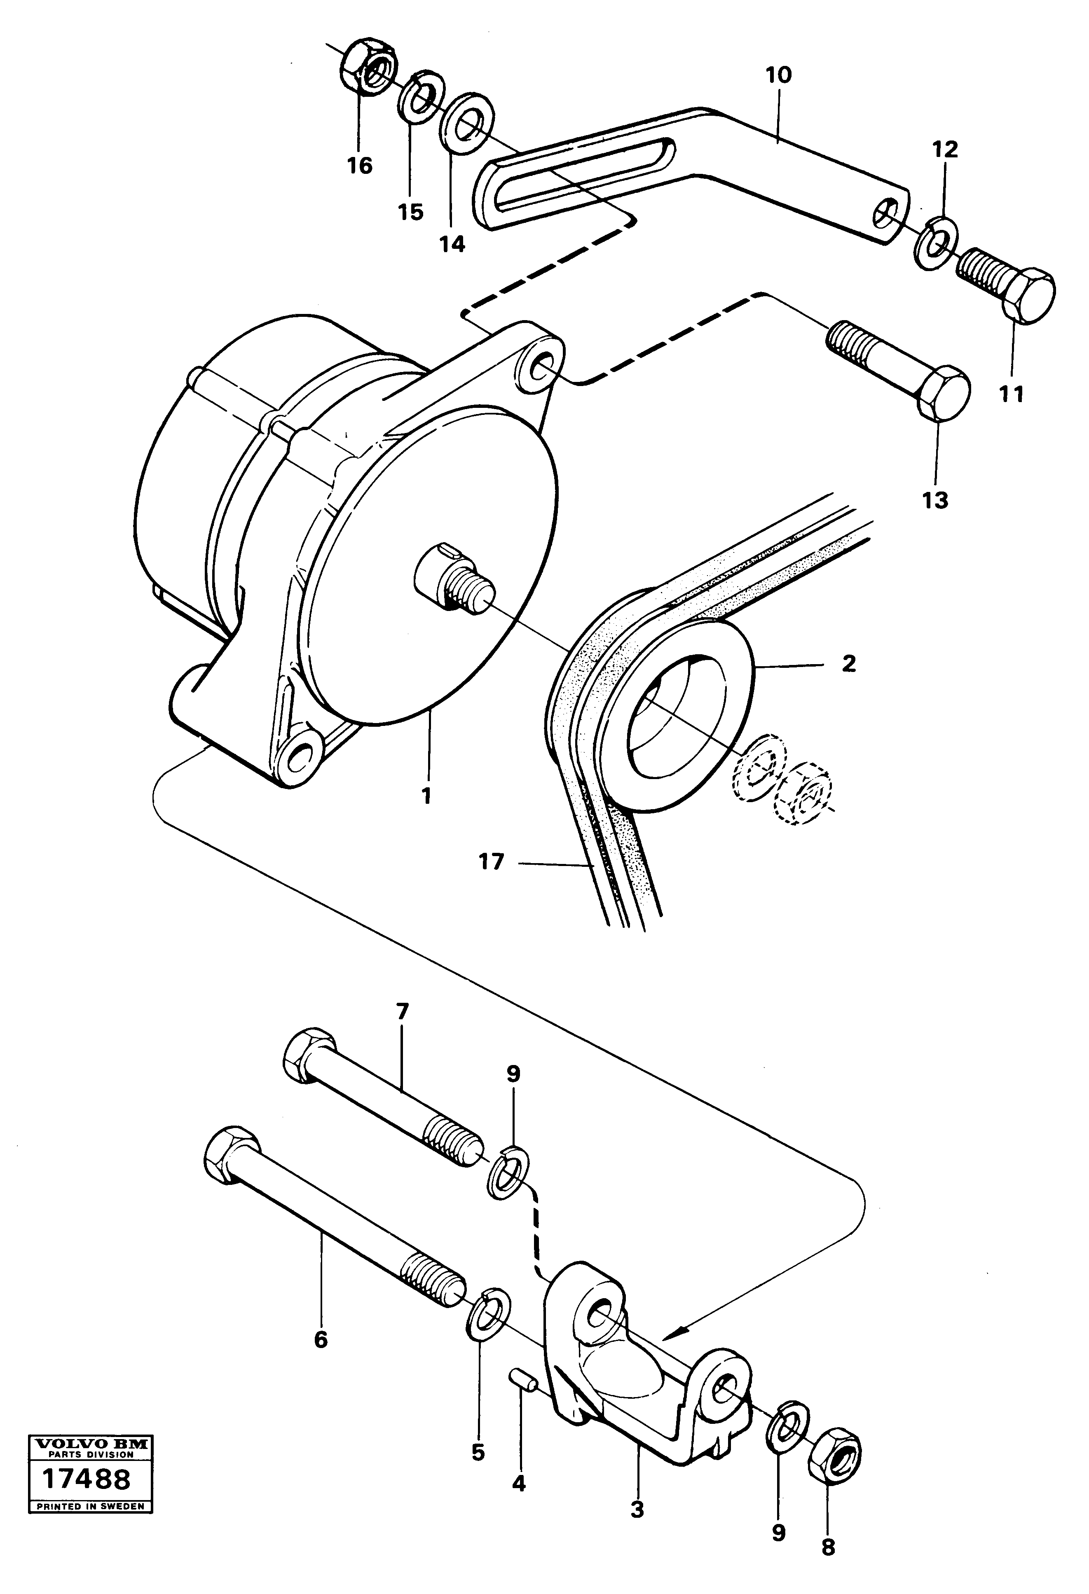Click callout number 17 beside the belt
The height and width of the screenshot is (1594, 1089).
point(491,861)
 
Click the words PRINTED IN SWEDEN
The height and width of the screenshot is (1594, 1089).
point(90,1564)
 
